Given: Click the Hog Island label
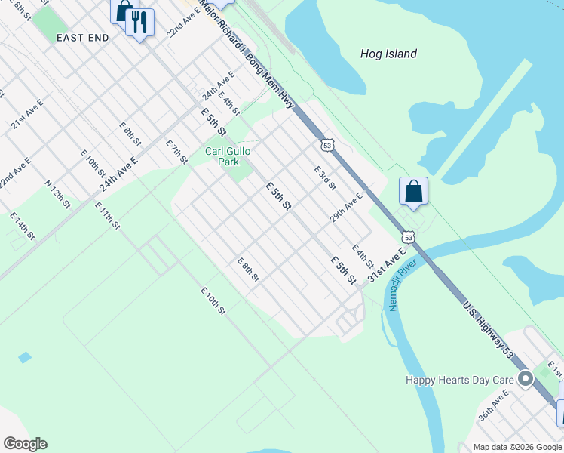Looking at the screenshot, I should [x=388, y=54].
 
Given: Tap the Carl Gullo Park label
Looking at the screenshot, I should [x=227, y=156].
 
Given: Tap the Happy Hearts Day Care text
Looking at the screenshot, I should [x=459, y=381].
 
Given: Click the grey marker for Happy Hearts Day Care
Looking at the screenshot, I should [x=526, y=380].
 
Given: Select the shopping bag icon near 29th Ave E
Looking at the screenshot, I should [x=414, y=192].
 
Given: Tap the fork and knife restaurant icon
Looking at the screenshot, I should [x=139, y=23].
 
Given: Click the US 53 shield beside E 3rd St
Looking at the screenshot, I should [x=326, y=144].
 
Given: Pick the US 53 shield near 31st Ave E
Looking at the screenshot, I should [x=408, y=237].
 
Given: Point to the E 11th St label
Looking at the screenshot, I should [x=107, y=215].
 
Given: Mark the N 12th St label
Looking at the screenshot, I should [x=57, y=193].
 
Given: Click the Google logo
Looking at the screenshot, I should [x=25, y=444].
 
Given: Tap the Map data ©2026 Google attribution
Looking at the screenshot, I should [x=517, y=447].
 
